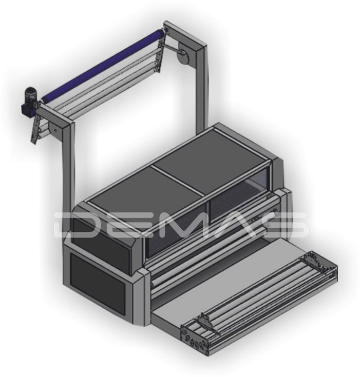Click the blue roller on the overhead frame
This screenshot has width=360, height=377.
click(x=102, y=65)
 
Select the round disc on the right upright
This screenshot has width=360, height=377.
click(x=183, y=57)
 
